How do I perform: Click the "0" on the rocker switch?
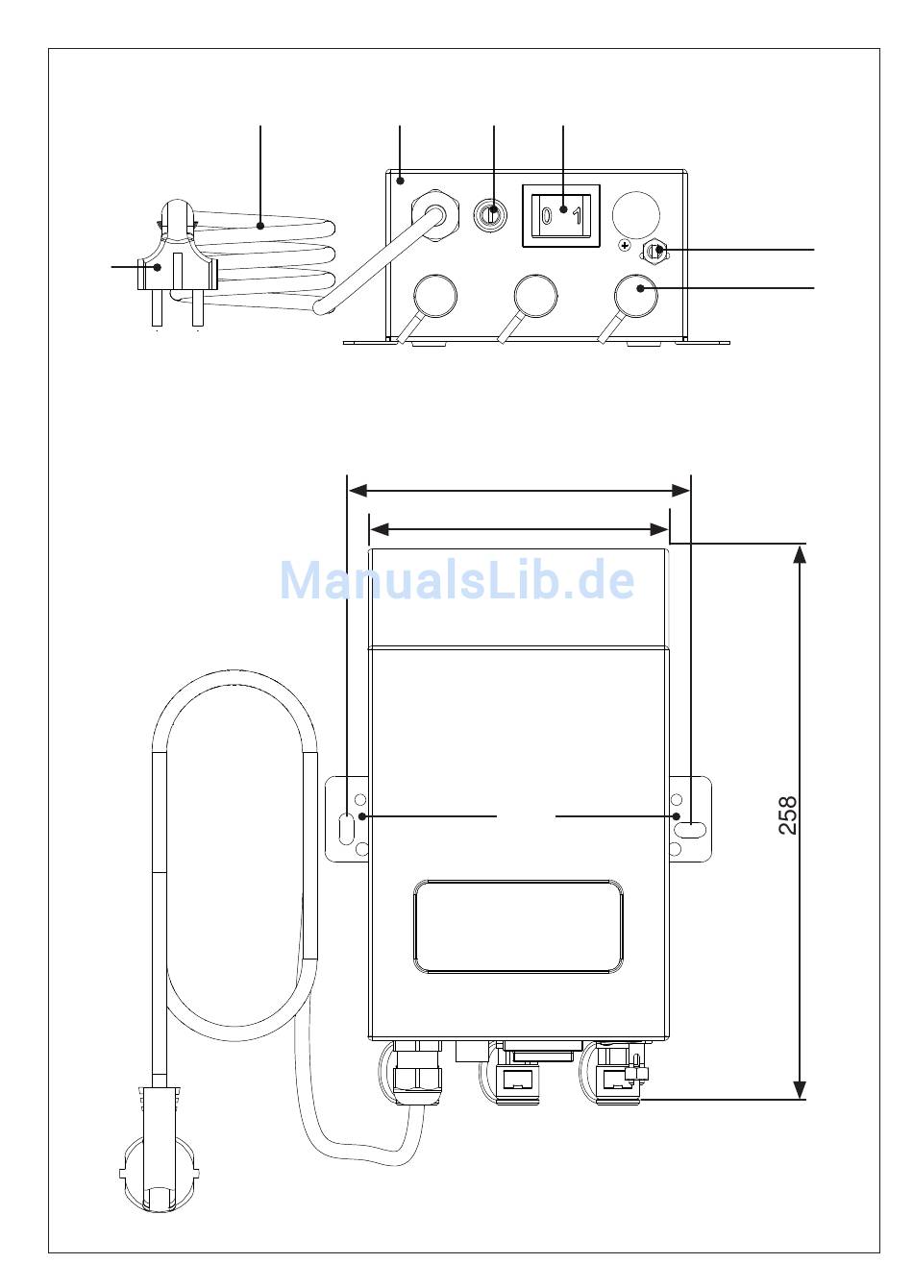546,215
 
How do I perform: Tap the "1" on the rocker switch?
578,216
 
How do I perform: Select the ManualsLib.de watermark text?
457,579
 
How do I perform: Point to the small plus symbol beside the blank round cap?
625,246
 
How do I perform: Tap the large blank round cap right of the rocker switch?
636,214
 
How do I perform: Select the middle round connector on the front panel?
535,296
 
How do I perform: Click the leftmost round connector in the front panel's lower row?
435,296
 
